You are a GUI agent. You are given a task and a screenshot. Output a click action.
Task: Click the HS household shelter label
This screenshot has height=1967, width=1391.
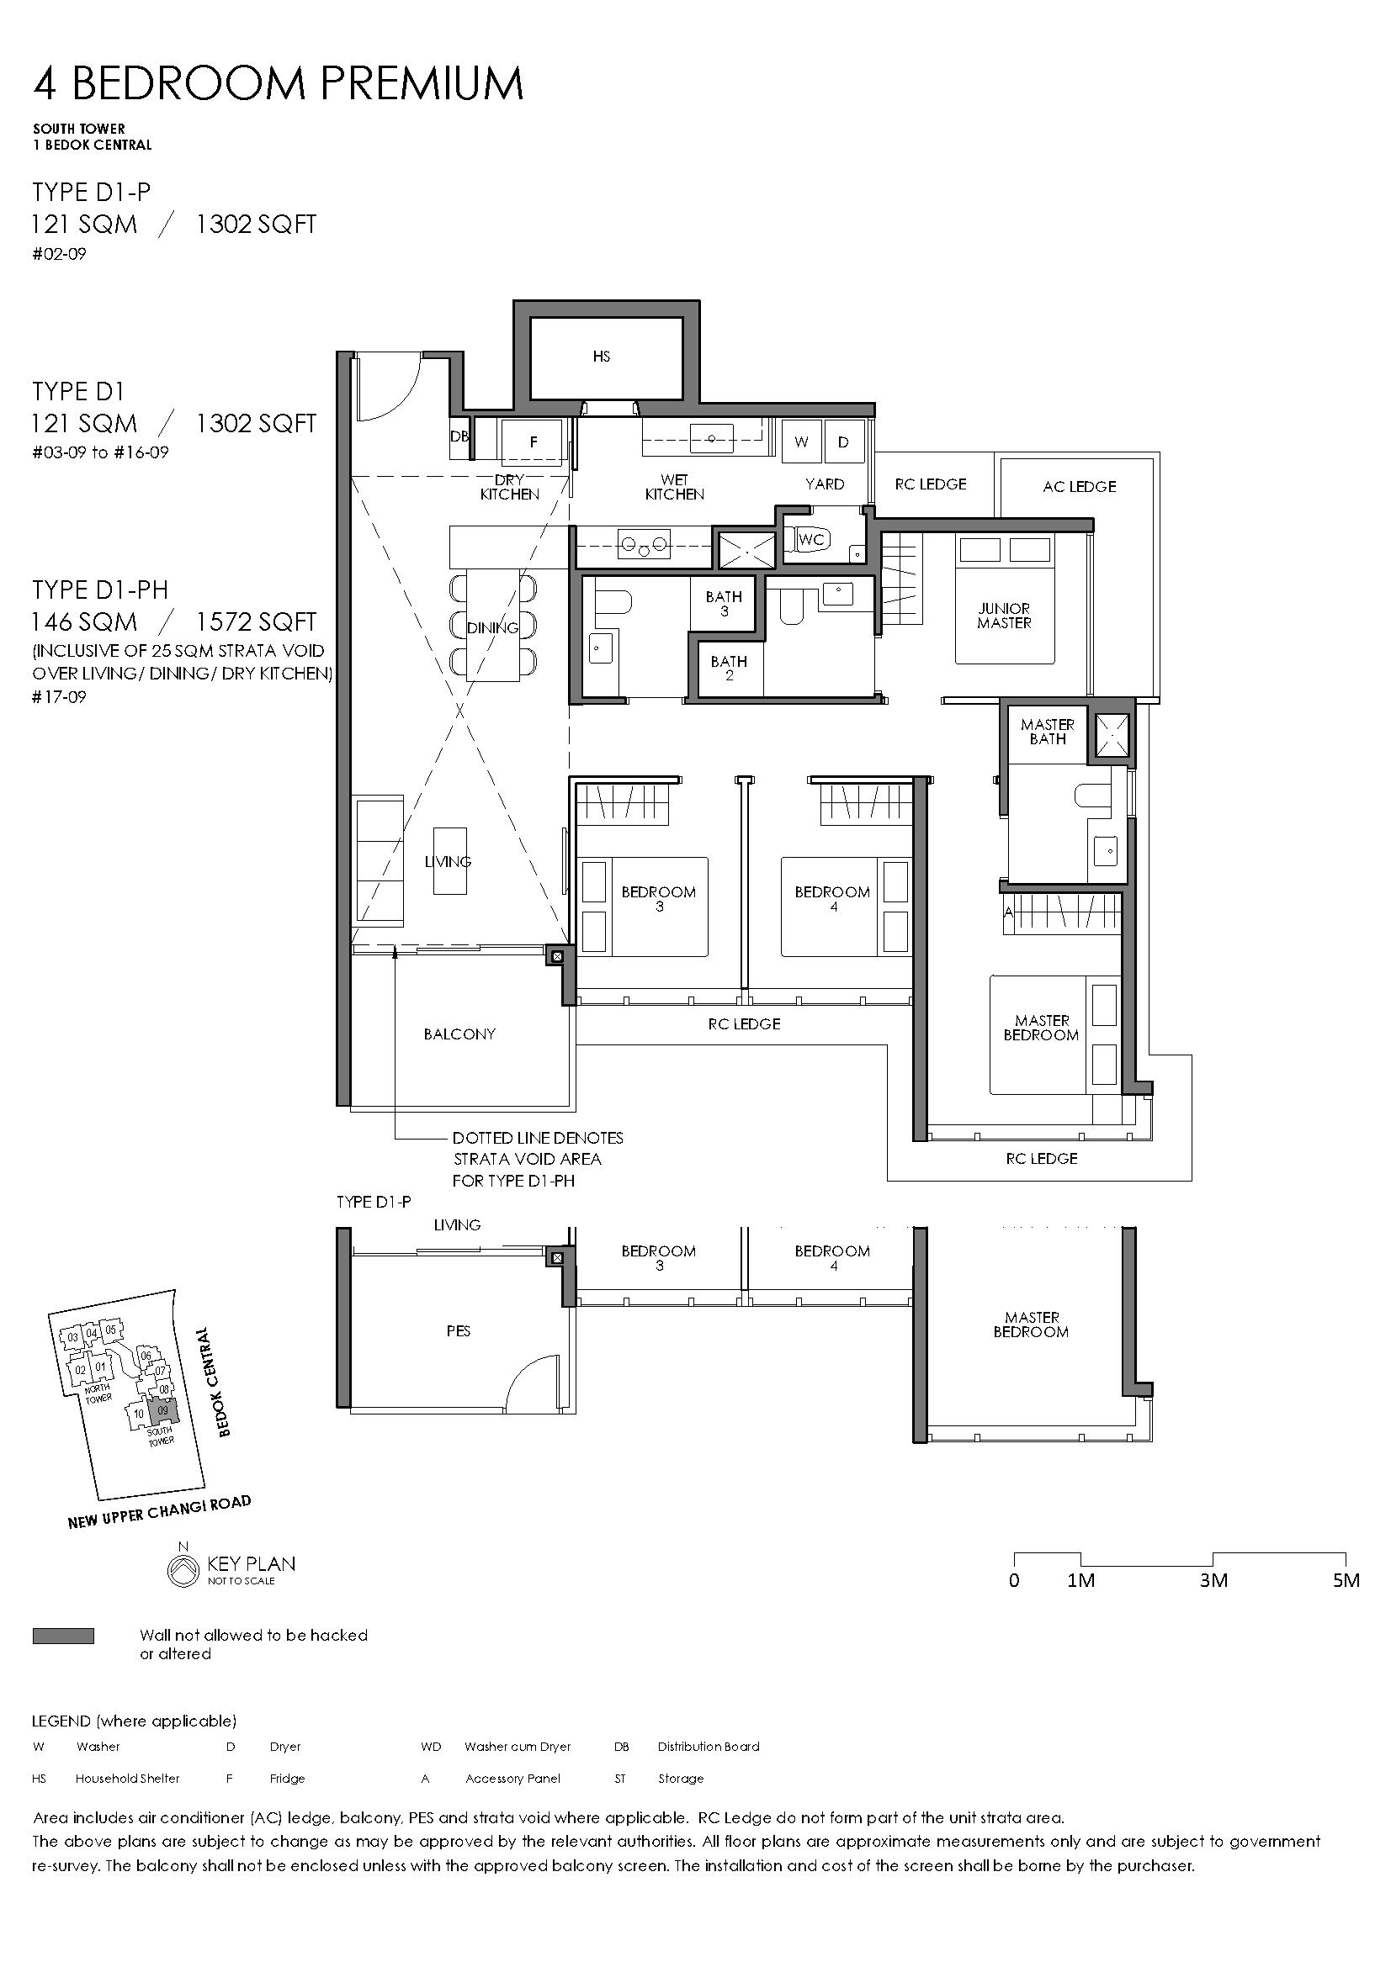pyautogui.click(x=601, y=357)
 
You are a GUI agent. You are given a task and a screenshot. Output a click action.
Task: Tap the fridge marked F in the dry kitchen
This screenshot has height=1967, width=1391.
pyautogui.click(x=533, y=442)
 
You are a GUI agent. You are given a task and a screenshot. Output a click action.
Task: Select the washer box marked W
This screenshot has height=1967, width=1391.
pyautogui.click(x=801, y=442)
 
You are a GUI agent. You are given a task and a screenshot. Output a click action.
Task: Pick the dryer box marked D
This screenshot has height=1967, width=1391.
pyautogui.click(x=843, y=442)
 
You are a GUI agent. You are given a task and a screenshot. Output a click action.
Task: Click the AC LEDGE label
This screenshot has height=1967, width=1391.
pyautogui.click(x=1079, y=487)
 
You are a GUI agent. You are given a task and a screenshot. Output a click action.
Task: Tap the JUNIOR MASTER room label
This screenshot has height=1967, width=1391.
pyautogui.click(x=1004, y=616)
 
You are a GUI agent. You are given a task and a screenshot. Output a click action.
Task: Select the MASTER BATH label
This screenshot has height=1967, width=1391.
pyautogui.click(x=1048, y=732)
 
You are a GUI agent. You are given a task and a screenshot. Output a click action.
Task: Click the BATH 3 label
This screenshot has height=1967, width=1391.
pyautogui.click(x=725, y=604)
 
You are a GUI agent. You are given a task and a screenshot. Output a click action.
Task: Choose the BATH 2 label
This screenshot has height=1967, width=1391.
pyautogui.click(x=729, y=669)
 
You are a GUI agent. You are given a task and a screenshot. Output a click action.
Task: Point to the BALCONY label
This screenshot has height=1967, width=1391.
pyautogui.click(x=459, y=1034)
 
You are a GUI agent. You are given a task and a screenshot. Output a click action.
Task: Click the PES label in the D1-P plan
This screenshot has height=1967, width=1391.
pyautogui.click(x=459, y=1331)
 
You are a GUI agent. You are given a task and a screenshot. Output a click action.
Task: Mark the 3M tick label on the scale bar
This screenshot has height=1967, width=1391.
pyautogui.click(x=1213, y=1580)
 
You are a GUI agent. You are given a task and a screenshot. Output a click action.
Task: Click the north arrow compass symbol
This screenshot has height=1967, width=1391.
pyautogui.click(x=182, y=1565)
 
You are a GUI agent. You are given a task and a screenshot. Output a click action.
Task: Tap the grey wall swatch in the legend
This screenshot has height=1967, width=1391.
pyautogui.click(x=63, y=1636)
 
